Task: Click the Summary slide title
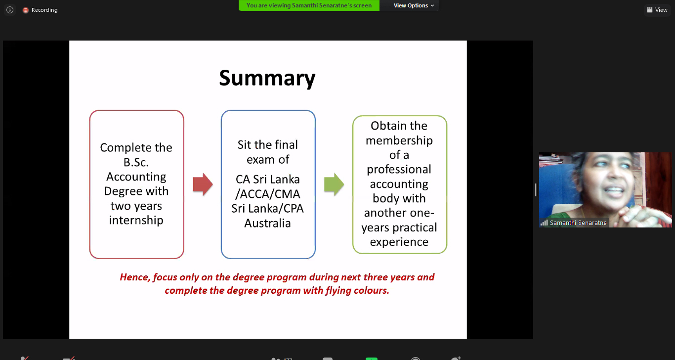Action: (267, 79)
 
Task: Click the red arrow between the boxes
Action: (203, 184)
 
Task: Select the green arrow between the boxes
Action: (334, 184)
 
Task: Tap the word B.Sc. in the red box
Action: (136, 162)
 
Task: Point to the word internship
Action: (136, 220)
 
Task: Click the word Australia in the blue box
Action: (268, 224)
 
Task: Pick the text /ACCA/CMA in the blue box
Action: (268, 194)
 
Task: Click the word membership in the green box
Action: (399, 140)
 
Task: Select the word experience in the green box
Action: (399, 242)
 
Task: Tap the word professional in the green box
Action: (399, 170)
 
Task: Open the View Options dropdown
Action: (414, 5)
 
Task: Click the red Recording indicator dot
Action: (26, 10)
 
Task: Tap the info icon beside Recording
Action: (10, 10)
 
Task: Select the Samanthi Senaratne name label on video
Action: (578, 223)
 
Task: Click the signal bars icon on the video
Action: (544, 223)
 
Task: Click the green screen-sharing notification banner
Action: (309, 5)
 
